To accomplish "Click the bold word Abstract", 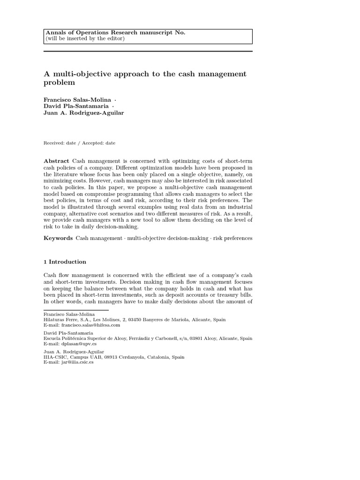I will point(56,161).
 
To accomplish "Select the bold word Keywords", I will point(58,238).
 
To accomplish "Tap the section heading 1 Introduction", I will point(65,262).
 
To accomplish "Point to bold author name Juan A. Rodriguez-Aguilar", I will point(84,113).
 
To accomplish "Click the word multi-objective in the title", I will point(78,74).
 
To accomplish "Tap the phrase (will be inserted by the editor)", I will point(85,38).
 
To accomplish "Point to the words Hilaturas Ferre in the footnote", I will point(59,320).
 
